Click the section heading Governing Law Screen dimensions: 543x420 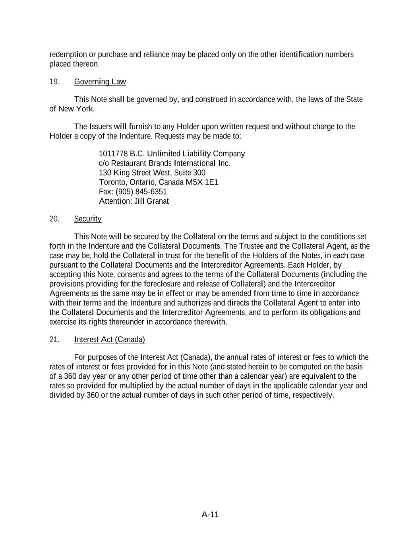coord(100,82)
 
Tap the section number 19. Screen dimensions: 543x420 coord(54,82)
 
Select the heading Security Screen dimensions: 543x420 coord(87,219)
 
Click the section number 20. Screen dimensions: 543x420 coord(54,219)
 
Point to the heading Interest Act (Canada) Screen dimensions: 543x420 coord(109,340)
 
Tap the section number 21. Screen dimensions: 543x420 coord(54,340)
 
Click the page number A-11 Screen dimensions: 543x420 coord(210,515)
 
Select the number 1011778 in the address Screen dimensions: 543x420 coord(113,154)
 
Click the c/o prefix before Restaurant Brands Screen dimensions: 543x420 coord(104,163)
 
